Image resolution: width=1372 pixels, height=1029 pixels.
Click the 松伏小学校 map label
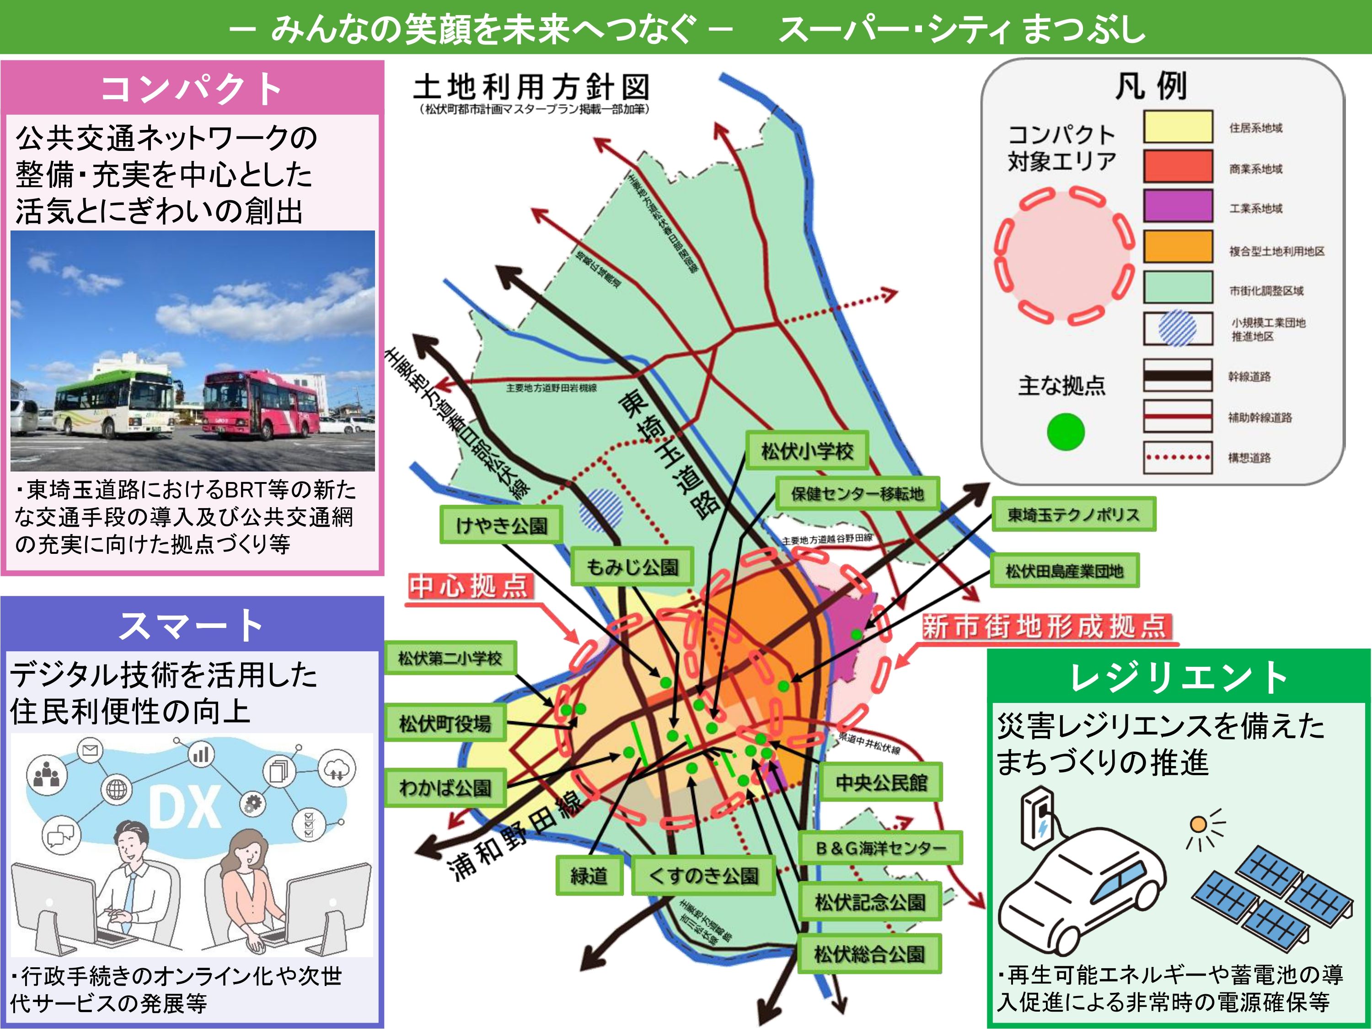click(x=806, y=451)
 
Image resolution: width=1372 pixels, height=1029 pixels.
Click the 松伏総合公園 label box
click(x=869, y=954)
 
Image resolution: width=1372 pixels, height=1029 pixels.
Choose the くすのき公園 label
click(x=703, y=876)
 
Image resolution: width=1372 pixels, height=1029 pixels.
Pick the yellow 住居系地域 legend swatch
click(x=1177, y=127)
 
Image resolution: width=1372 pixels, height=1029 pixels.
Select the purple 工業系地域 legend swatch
click(x=1177, y=206)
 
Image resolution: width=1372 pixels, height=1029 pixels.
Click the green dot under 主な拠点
click(x=1066, y=432)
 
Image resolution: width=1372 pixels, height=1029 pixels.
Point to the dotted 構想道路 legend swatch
click(x=1177, y=458)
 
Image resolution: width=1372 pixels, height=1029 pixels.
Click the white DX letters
click(x=185, y=806)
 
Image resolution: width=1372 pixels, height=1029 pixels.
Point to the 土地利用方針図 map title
click(x=531, y=87)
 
